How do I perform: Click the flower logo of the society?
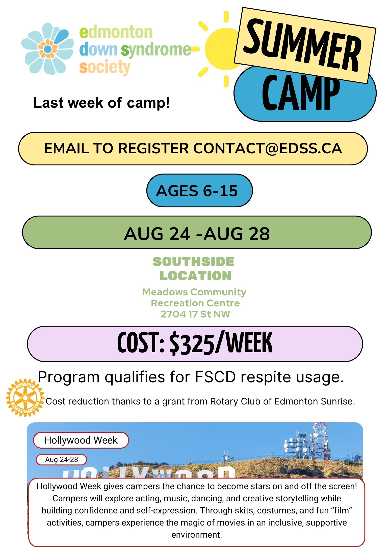click(47, 48)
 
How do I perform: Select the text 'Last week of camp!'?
click(101, 103)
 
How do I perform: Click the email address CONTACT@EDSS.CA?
click(268, 148)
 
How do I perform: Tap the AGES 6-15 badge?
click(199, 191)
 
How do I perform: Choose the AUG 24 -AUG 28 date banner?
click(197, 233)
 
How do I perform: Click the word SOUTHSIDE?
click(193, 262)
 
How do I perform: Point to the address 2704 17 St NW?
click(195, 314)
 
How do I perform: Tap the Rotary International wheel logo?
click(25, 398)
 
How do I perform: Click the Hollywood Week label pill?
click(81, 440)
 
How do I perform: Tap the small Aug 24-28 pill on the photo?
click(62, 459)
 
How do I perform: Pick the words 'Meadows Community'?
click(194, 292)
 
